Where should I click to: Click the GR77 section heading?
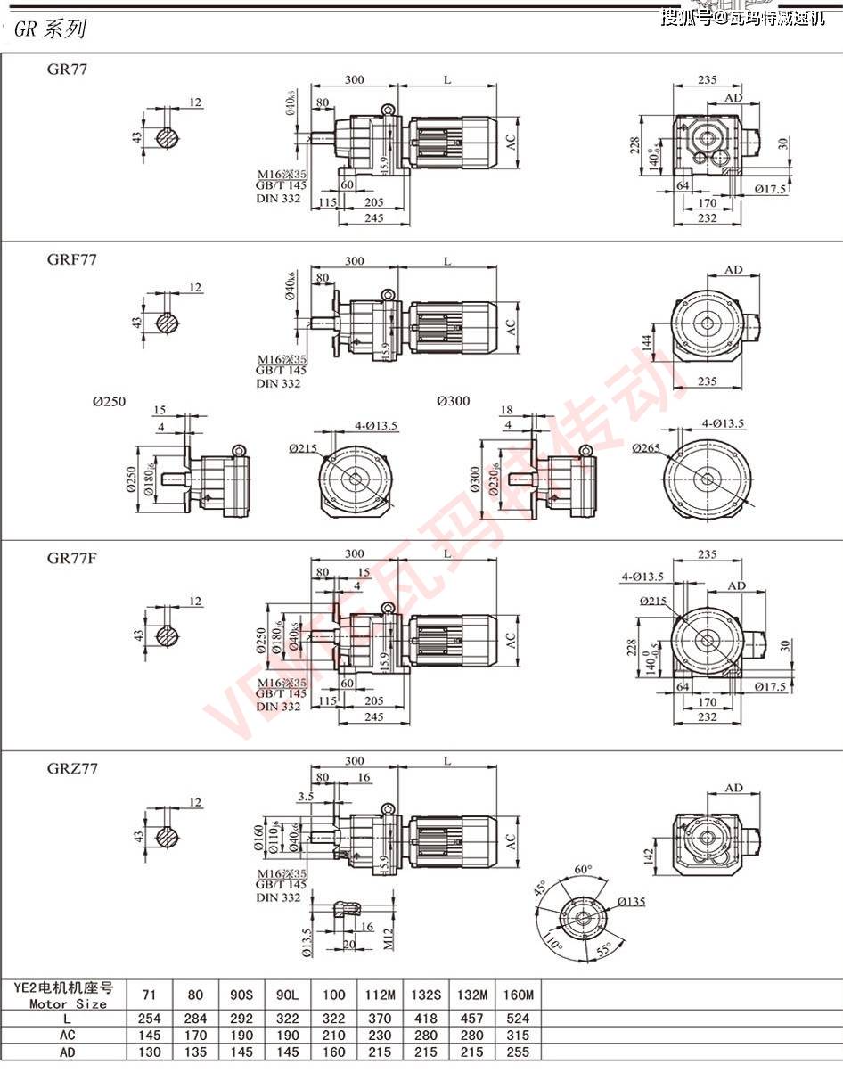click(68, 69)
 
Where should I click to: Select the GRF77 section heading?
click(72, 259)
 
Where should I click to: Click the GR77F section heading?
click(72, 558)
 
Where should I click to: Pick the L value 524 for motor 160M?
click(518, 1018)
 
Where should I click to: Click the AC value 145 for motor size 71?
click(152, 1035)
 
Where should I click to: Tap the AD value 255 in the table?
click(518, 1052)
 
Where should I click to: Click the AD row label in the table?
click(68, 1052)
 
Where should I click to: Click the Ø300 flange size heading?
click(454, 401)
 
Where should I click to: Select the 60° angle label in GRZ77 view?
click(585, 869)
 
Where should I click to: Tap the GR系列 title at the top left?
click(50, 29)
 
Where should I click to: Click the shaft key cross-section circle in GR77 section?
click(167, 138)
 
